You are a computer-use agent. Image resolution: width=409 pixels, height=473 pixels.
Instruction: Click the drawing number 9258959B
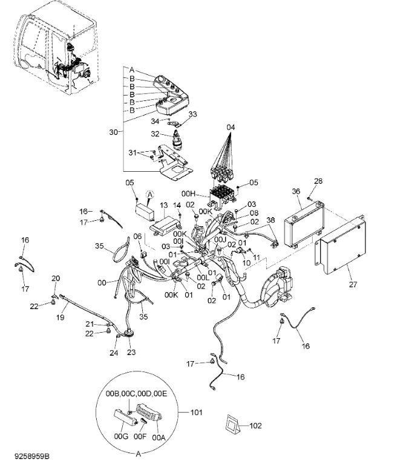(x=31, y=456)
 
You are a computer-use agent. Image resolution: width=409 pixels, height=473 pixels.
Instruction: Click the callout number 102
(x=256, y=426)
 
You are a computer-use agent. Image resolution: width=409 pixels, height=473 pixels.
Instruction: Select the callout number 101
(x=196, y=412)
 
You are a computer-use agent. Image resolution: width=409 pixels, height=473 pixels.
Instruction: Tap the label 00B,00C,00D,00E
(x=136, y=394)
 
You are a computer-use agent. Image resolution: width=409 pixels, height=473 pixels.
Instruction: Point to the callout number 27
(x=353, y=284)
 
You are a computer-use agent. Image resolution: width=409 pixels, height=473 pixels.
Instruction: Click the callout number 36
(x=296, y=191)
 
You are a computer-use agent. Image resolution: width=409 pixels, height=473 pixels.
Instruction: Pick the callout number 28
(x=318, y=181)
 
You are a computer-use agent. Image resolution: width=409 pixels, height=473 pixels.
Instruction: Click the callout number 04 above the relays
(x=231, y=127)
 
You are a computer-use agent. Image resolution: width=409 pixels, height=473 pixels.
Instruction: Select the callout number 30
(x=113, y=132)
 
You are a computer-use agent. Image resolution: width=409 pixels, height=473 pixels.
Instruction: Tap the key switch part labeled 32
(x=175, y=141)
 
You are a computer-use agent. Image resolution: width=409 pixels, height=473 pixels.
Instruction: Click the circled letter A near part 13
(x=149, y=195)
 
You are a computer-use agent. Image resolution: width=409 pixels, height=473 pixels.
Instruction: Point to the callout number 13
(x=163, y=206)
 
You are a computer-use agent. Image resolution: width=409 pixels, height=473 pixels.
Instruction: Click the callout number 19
(x=61, y=317)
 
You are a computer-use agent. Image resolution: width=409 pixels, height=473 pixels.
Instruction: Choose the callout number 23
(x=131, y=352)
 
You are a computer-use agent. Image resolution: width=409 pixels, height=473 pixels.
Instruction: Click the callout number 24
(x=114, y=353)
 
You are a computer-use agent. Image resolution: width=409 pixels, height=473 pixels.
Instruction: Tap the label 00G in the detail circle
(x=121, y=436)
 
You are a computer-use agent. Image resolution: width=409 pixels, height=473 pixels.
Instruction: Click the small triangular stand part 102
(x=232, y=424)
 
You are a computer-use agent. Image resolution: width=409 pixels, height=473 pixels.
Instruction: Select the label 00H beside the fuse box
(x=189, y=194)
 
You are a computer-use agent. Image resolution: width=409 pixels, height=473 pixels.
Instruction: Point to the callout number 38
(x=270, y=220)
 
